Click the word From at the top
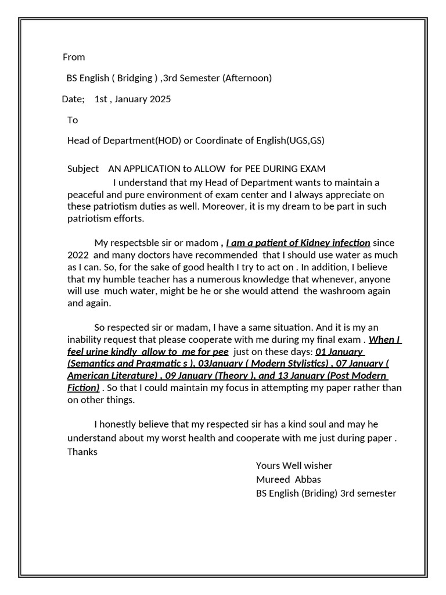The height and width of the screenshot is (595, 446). tap(74, 57)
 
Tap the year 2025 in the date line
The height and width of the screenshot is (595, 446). tap(160, 99)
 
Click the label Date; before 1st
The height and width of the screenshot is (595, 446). tap(73, 99)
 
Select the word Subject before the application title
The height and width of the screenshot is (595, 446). tap(83, 169)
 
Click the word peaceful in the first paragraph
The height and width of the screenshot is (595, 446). tap(85, 195)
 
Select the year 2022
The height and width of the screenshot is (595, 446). tap(78, 255)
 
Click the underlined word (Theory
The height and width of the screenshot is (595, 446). tap(233, 375)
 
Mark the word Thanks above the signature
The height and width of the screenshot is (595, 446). tap(82, 451)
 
